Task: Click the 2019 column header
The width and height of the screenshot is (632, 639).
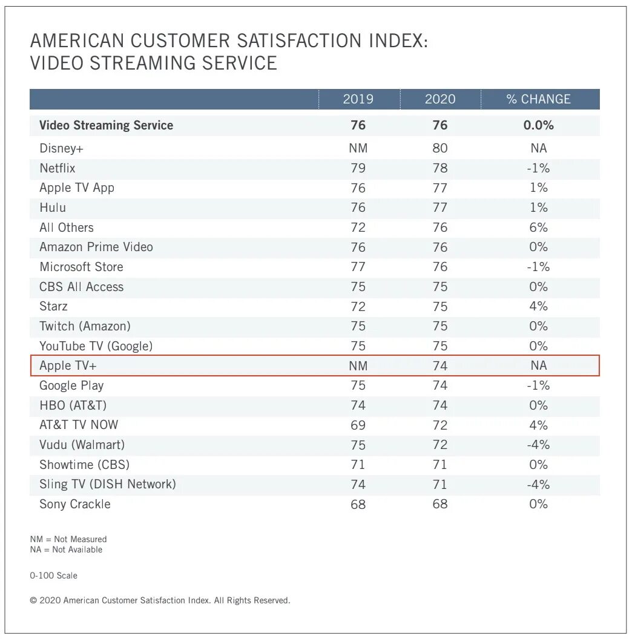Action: coord(358,99)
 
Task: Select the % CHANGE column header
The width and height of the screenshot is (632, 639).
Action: coord(538,99)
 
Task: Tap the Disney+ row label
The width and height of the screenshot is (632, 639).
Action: coord(61,148)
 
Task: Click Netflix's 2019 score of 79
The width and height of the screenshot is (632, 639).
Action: coord(358,168)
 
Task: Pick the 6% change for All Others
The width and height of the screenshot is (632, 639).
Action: coord(538,228)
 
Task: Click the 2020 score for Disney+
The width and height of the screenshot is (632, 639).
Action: coord(440,148)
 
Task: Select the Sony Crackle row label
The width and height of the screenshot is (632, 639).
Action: coord(75,504)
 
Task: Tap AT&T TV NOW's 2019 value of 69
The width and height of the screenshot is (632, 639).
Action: coord(358,425)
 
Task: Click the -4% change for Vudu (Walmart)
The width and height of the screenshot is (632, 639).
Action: coord(538,445)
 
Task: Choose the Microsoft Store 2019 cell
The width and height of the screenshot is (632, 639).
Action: coord(358,267)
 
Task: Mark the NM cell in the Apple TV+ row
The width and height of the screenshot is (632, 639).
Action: coord(358,365)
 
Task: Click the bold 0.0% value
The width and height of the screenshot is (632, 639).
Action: coord(538,125)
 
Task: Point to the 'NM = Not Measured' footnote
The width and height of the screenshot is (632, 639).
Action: coord(68,539)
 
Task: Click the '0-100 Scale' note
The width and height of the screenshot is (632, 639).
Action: coord(54,575)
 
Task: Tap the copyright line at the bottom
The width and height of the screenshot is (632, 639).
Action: coord(160,601)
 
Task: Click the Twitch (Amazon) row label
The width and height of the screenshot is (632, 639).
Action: coord(85,326)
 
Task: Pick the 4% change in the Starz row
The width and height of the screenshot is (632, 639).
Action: coord(538,306)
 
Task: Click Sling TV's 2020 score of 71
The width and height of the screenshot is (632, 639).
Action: coord(440,484)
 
